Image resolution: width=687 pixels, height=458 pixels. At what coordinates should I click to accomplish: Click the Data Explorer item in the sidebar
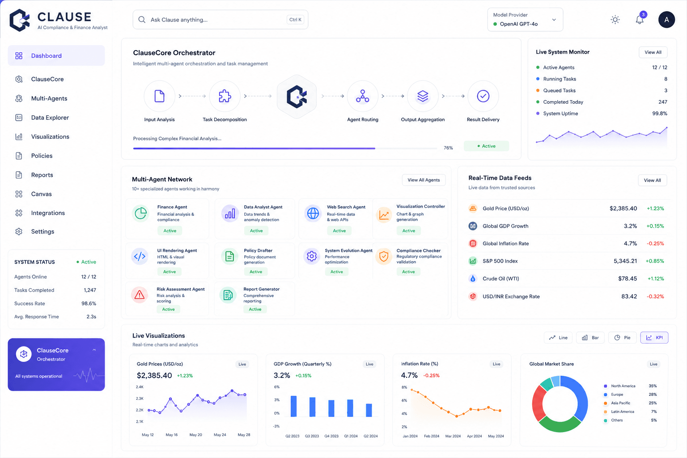click(x=50, y=118)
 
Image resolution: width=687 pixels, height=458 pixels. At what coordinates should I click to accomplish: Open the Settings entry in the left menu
click(x=42, y=232)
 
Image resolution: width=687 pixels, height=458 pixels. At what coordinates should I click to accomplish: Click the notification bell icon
click(x=640, y=20)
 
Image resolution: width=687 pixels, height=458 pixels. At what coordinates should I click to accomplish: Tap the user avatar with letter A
click(x=666, y=20)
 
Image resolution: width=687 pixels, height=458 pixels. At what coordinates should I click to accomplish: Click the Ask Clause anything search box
click(x=220, y=20)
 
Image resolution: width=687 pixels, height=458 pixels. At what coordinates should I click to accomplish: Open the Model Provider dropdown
click(x=525, y=20)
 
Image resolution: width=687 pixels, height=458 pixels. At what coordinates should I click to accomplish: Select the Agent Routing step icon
click(x=363, y=96)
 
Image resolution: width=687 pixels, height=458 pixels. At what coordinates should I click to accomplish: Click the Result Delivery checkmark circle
click(x=483, y=96)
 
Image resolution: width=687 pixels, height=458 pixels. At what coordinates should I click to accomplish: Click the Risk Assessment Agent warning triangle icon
click(x=140, y=295)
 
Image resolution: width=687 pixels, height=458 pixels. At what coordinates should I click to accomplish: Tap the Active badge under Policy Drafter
click(x=256, y=272)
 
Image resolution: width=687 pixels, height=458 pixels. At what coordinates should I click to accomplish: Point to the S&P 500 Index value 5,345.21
click(x=625, y=261)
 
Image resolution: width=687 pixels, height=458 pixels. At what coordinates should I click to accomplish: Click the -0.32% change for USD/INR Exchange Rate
click(x=655, y=297)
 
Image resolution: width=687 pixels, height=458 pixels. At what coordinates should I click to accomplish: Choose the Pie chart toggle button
click(x=622, y=338)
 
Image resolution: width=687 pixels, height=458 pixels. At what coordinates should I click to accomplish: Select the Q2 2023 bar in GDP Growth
click(x=293, y=406)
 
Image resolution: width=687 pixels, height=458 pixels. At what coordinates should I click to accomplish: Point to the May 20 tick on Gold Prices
click(x=195, y=435)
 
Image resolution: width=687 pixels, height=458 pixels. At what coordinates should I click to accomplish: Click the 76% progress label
click(x=448, y=148)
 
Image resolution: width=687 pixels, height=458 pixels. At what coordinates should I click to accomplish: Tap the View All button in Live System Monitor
click(x=653, y=52)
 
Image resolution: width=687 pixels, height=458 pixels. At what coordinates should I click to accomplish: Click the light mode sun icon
click(x=615, y=20)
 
